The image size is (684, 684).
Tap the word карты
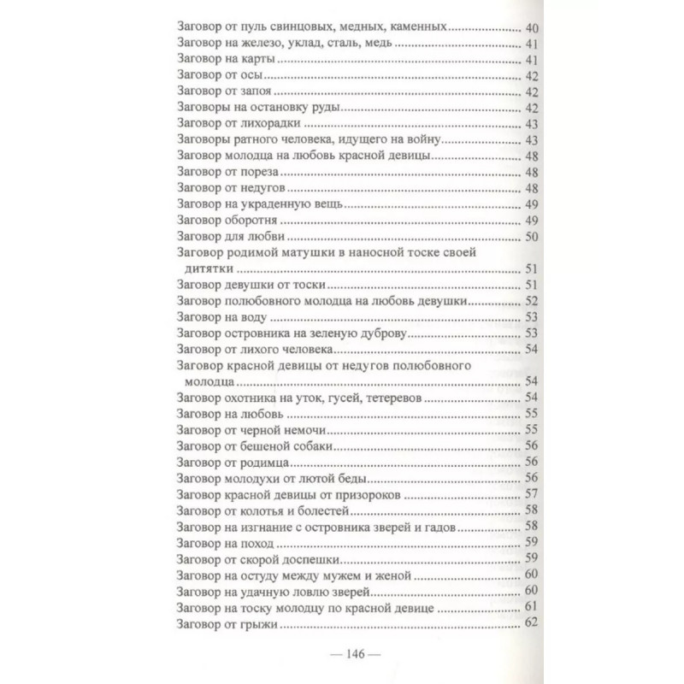coord(260,60)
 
